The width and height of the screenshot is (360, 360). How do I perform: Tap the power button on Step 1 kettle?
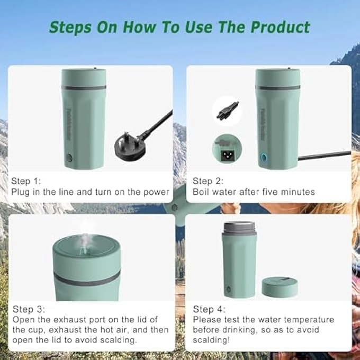69,158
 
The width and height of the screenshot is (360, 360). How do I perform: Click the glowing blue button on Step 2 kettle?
263,157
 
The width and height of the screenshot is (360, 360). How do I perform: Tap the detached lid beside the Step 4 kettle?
280,286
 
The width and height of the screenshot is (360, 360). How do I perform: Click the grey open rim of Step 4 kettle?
240,228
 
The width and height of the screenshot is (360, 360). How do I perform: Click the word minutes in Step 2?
298,192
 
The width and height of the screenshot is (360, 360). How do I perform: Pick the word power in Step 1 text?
156,192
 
